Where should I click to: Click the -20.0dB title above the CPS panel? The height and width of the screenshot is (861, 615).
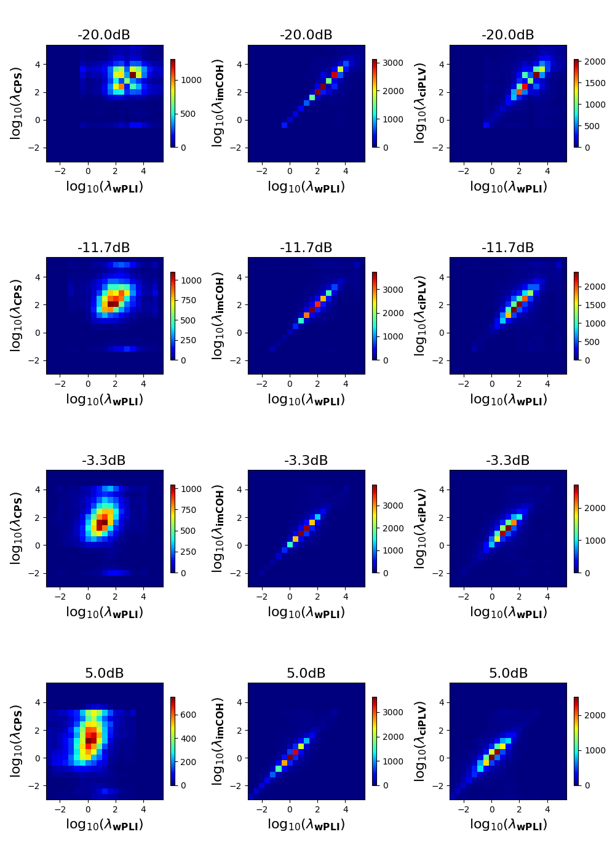pyautogui.click(x=104, y=35)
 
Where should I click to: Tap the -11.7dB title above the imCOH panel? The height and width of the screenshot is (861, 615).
pyautogui.click(x=306, y=248)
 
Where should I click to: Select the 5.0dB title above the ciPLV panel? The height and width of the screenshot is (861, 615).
pyautogui.click(x=508, y=673)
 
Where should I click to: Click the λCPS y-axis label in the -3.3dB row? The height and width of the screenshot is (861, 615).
pyautogui.click(x=16, y=528)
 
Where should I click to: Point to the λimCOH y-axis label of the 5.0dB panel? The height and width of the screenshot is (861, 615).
pyautogui.click(x=218, y=741)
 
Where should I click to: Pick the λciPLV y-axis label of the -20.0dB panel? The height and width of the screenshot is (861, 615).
pyautogui.click(x=420, y=103)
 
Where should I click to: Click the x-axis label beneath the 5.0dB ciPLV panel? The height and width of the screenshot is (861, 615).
pyautogui.click(x=508, y=825)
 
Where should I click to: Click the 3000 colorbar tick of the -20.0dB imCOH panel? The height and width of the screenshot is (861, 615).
pyautogui.click(x=394, y=63)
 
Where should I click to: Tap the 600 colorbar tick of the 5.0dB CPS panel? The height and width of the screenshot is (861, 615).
pyautogui.click(x=188, y=715)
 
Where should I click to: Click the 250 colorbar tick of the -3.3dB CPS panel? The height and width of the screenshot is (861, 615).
pyautogui.click(x=188, y=552)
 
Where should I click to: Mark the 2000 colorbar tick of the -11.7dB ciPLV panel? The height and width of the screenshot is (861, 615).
pyautogui.click(x=595, y=287)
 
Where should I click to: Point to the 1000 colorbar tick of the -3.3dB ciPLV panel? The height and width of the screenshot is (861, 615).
pyautogui.click(x=595, y=541)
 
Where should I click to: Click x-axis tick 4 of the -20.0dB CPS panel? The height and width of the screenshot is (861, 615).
pyautogui.click(x=143, y=171)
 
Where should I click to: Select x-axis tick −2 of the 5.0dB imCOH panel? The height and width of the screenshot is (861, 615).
pyautogui.click(x=262, y=809)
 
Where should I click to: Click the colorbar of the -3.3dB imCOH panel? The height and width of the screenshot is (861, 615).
pyautogui.click(x=374, y=529)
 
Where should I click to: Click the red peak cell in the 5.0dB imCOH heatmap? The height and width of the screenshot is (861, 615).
pyautogui.click(x=295, y=752)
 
